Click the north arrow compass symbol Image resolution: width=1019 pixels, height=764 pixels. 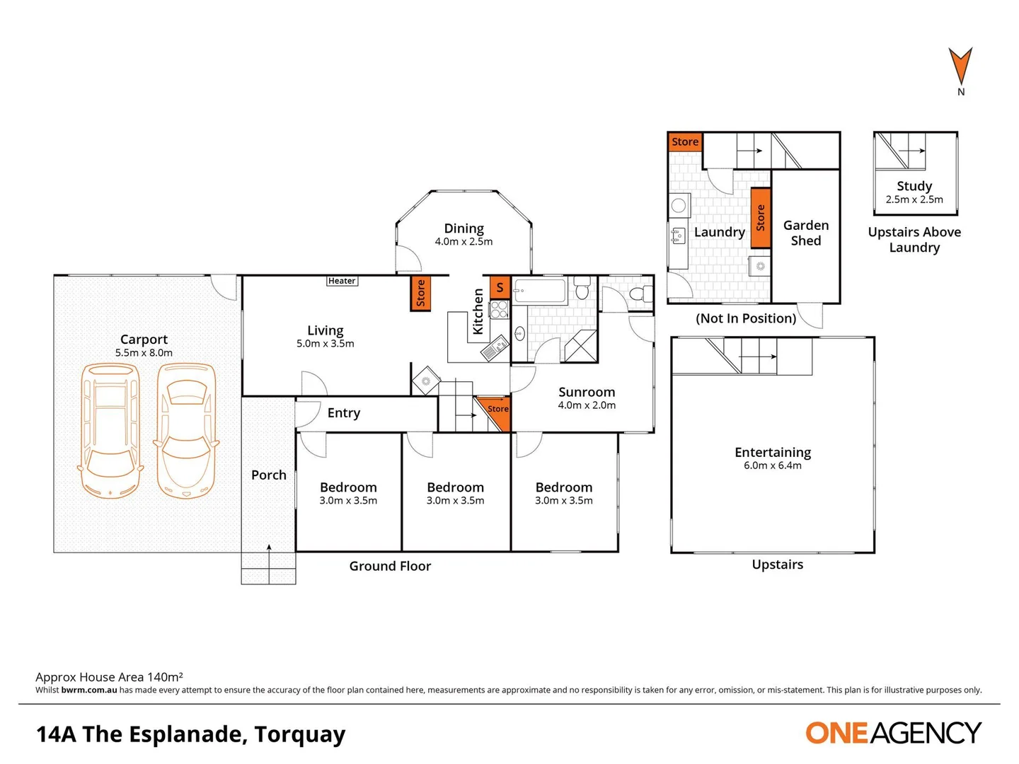click(960, 68)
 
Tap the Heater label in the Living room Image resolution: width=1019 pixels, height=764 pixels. click(342, 281)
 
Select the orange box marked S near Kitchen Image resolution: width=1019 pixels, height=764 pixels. click(500, 287)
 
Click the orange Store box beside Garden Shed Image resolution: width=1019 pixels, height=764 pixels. click(760, 218)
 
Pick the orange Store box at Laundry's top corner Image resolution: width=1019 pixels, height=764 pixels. click(684, 141)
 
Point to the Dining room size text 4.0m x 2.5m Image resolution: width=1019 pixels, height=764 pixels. click(464, 242)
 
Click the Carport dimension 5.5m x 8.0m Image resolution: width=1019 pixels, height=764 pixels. click(144, 353)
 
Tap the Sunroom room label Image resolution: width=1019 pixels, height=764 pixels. click(587, 392)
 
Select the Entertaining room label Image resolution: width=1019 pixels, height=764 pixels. click(773, 452)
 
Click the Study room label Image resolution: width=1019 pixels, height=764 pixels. click(914, 186)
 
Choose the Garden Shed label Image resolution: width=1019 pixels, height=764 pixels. click(806, 233)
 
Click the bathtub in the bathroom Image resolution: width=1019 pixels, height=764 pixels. click(540, 290)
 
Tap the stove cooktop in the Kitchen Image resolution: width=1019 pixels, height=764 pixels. click(500, 309)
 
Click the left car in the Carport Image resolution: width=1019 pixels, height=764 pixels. click(110, 430)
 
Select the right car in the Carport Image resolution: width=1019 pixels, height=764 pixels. click(185, 430)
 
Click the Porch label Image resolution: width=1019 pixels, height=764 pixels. click(269, 475)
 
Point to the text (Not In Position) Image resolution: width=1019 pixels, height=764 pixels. click(746, 318)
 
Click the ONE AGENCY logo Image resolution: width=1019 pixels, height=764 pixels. click(893, 733)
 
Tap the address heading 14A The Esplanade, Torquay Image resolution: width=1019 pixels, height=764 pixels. click(191, 734)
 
